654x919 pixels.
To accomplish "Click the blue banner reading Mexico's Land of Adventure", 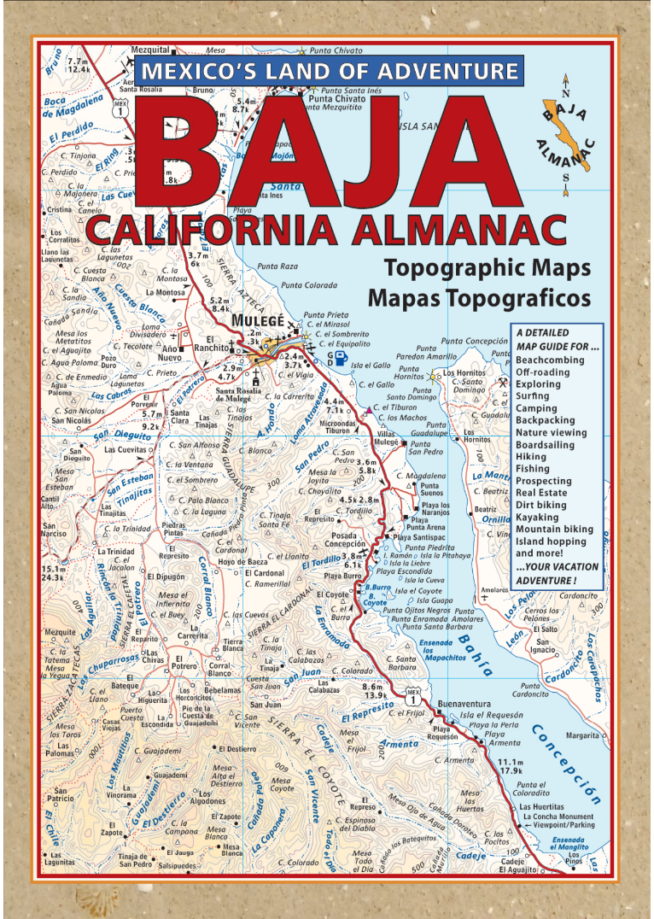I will pyautogui.click(x=329, y=71).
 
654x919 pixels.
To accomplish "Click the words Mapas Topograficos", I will pyautogui.click(x=479, y=298).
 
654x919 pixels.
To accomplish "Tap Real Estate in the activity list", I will pyautogui.click(x=541, y=493).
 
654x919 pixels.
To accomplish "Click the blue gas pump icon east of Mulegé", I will pyautogui.click(x=341, y=357).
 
